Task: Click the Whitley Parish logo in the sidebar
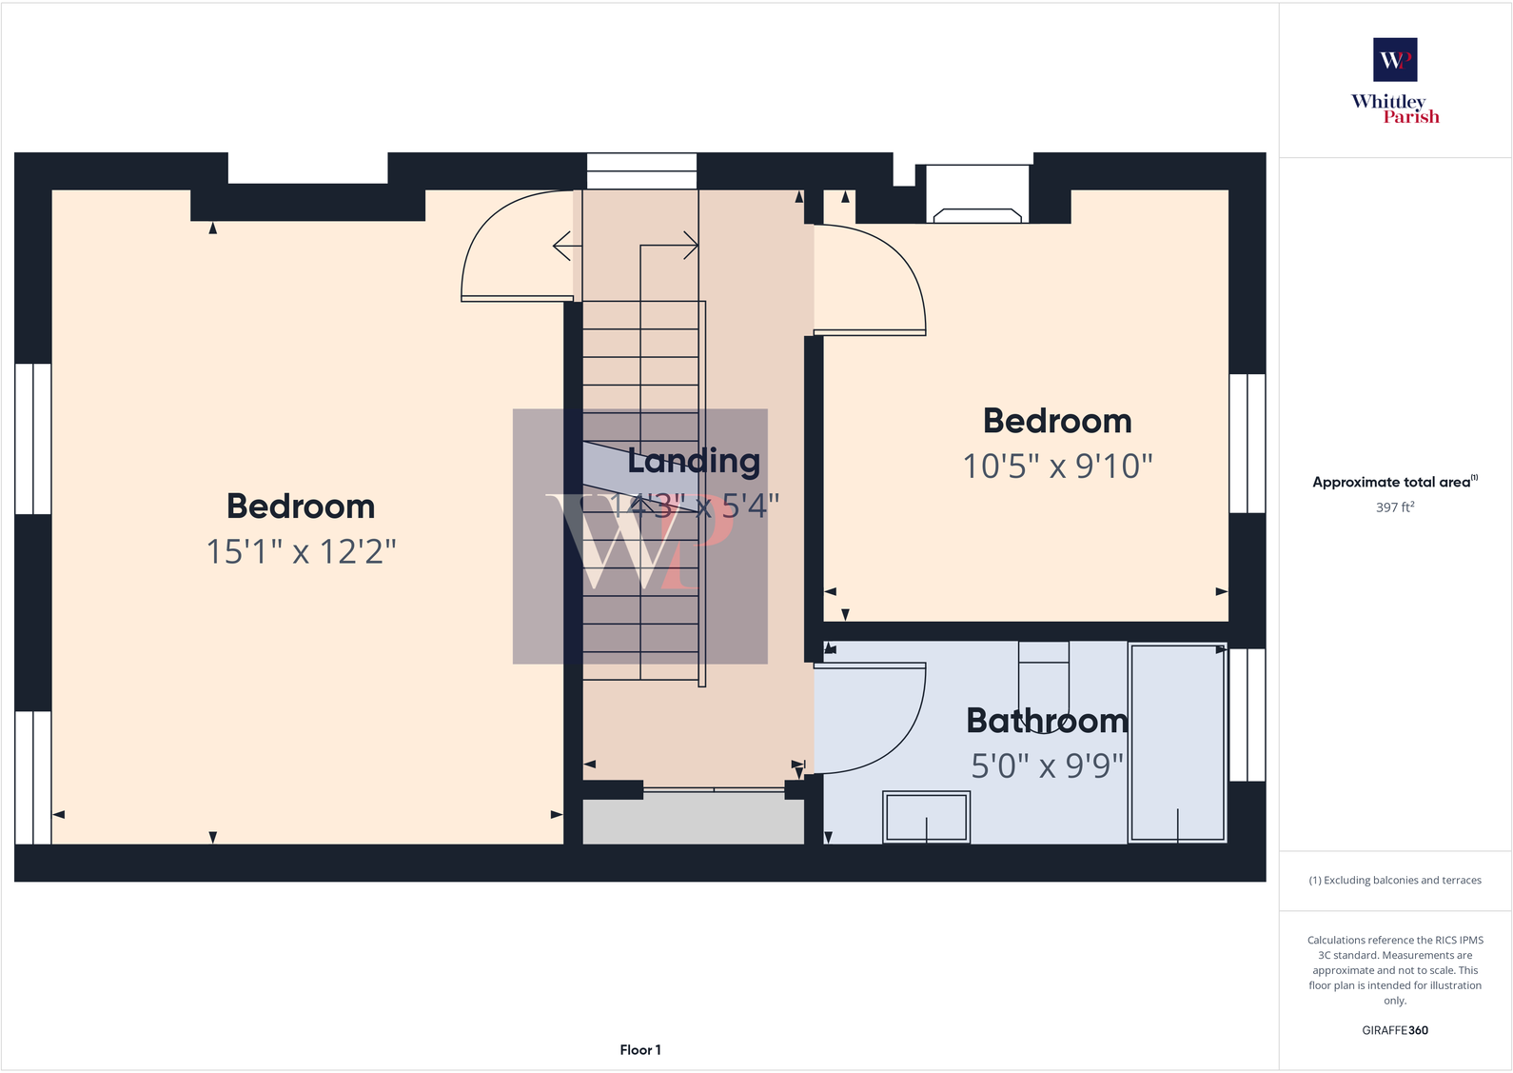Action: pos(1395,81)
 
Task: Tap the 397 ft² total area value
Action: pos(1394,507)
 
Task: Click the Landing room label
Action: pos(694,461)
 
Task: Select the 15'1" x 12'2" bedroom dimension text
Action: pos(301,551)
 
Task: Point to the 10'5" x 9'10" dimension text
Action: pos(1057,467)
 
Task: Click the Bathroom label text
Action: pos(1047,721)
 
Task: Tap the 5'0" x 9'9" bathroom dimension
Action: pos(1047,765)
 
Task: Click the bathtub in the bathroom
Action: pos(1177,742)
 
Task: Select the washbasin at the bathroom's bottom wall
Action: pos(926,817)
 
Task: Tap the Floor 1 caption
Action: pos(639,1050)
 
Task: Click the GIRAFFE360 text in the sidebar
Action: pos(1394,1030)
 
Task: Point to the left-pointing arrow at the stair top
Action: pos(562,246)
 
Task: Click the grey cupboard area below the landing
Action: pos(693,822)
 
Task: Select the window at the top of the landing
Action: pos(641,170)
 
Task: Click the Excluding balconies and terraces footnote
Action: pos(1394,881)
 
